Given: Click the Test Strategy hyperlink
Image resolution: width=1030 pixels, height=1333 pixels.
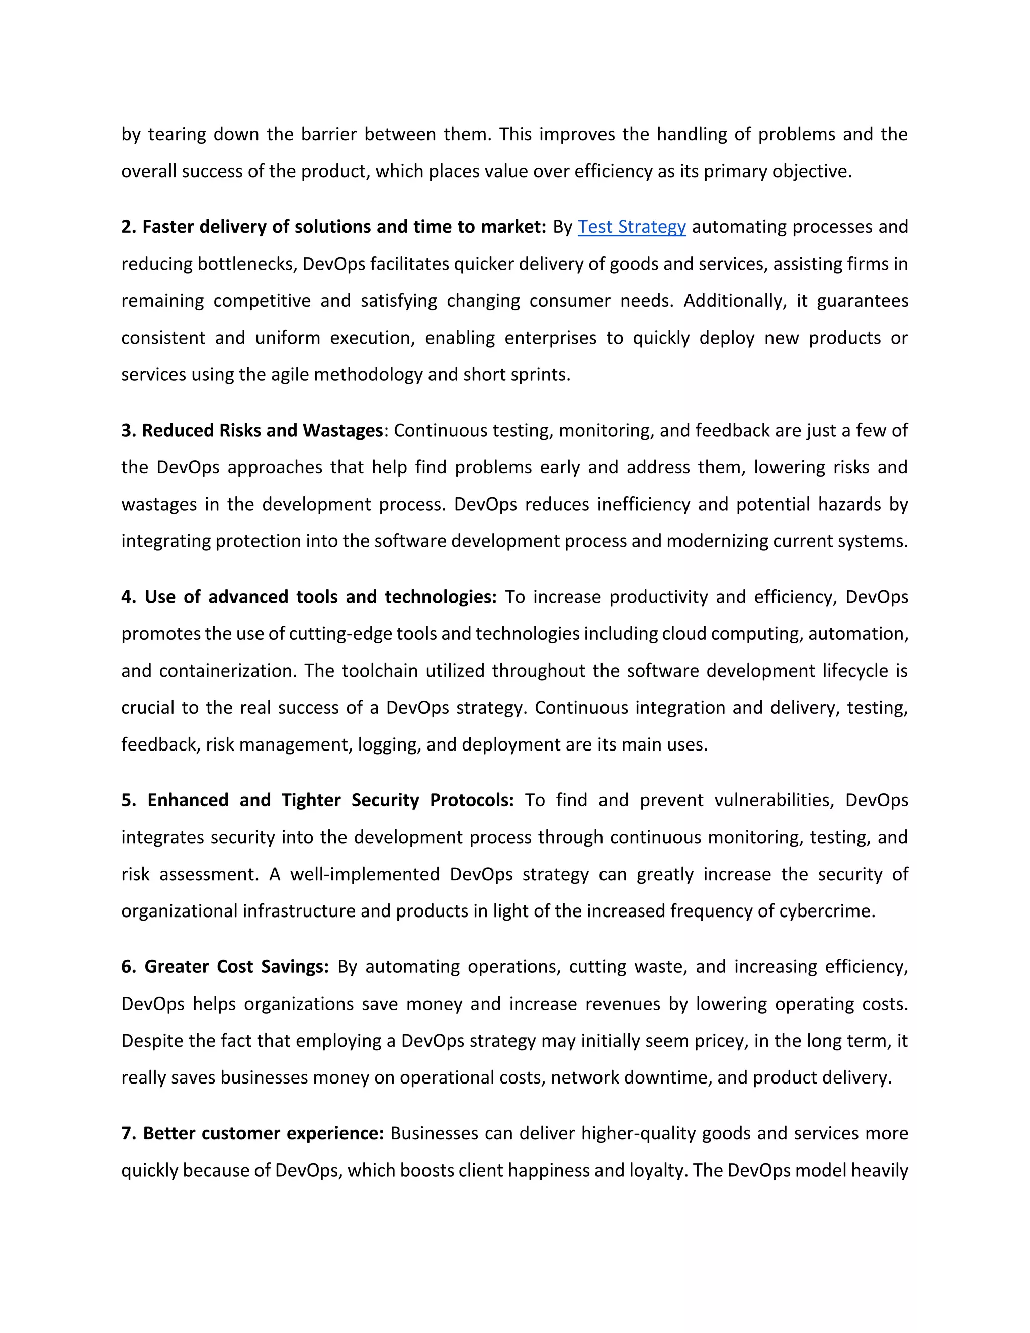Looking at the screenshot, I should click(632, 227).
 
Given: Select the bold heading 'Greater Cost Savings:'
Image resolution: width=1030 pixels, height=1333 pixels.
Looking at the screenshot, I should click(237, 967).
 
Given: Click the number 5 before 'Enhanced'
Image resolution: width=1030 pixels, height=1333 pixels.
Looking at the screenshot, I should click(126, 800).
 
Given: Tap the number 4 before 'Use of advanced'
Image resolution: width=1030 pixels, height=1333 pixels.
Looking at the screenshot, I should click(126, 597).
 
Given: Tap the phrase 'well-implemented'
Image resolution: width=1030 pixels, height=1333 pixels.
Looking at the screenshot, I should click(364, 875).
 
